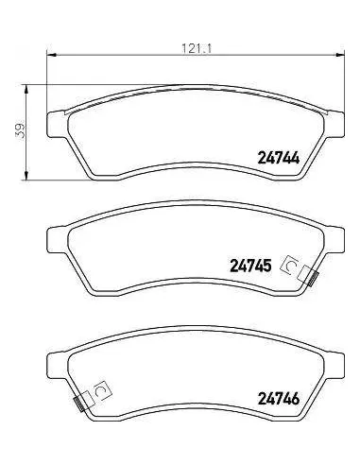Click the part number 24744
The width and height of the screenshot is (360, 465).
(x=279, y=158)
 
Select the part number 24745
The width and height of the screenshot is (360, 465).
(x=250, y=266)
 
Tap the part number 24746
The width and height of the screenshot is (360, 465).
(x=279, y=399)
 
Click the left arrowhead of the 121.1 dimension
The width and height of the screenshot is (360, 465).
(x=51, y=56)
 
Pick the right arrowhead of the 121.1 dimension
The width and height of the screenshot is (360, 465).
(x=340, y=56)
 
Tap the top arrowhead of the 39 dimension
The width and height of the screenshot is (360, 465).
(x=26, y=89)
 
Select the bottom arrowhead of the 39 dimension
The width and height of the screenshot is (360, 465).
(x=26, y=176)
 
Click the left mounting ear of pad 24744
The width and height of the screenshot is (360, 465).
(x=57, y=125)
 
